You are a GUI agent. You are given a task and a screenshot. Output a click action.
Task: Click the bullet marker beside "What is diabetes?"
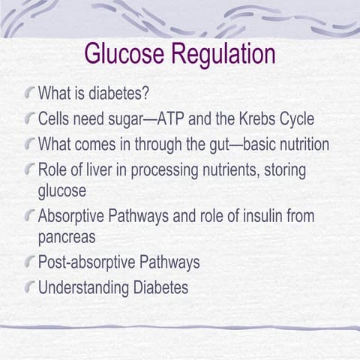(28, 95)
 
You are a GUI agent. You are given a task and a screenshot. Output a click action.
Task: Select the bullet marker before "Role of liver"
(28, 169)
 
